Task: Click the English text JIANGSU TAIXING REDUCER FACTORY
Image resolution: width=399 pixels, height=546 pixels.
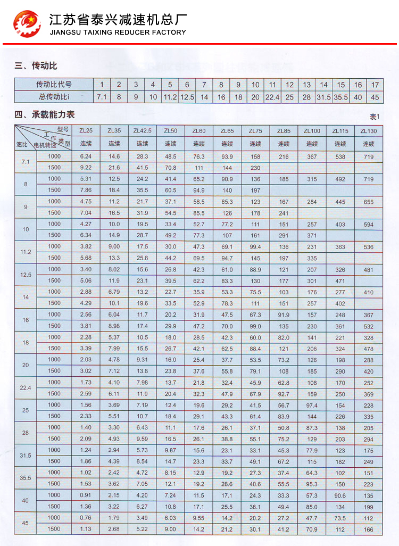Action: pos(117,32)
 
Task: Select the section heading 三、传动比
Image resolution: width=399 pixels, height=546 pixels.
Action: pos(36,66)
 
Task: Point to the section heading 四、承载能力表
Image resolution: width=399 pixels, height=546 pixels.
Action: pos(45,114)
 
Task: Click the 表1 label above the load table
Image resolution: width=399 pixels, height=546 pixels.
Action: pos(376,117)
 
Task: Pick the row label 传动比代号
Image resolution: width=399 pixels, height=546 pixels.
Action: pos(54,85)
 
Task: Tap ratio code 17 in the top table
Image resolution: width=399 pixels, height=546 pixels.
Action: pos(375,85)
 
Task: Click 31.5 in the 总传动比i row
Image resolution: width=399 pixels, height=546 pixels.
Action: pos(323,97)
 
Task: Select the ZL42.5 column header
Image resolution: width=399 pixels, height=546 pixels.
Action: pos(142,131)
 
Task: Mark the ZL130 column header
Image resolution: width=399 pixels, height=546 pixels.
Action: pos(368,131)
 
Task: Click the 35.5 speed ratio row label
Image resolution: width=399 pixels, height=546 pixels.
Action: pos(26,478)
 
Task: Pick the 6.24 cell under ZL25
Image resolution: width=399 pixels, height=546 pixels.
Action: pos(86,156)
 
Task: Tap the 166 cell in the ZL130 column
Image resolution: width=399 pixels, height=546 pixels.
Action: pos(368,530)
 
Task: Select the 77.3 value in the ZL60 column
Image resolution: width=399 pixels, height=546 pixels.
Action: pos(199,235)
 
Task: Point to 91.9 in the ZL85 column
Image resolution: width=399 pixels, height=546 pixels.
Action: pos(284,315)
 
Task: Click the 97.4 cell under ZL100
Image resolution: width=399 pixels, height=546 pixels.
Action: pos(312,405)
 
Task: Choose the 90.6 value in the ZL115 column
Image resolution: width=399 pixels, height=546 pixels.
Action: pos(340,495)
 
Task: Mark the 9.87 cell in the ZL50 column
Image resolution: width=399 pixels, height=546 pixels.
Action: pos(170,450)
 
